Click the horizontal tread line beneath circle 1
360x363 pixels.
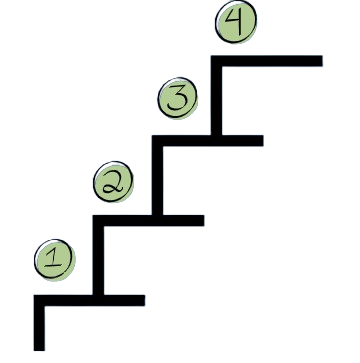click(90, 300)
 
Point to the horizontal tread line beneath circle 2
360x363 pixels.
click(150, 220)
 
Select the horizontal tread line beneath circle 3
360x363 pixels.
click(210, 139)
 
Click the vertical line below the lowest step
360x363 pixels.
click(40, 325)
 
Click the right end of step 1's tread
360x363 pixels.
click(143, 300)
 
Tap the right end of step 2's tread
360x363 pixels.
click(203, 220)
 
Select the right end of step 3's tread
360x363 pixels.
click(262, 139)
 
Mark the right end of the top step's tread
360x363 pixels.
click(321, 61)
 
